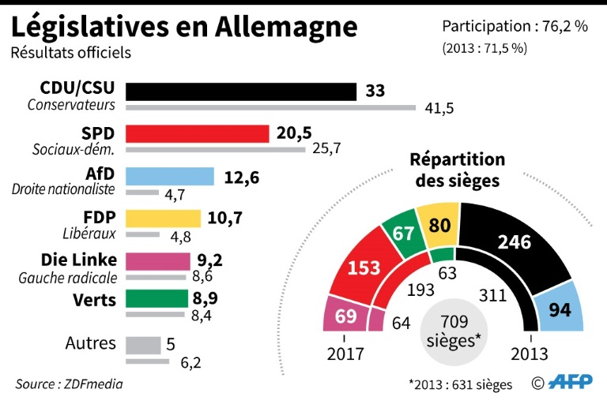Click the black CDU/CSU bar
[241, 92]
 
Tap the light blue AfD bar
[170, 176]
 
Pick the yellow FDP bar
[164, 219]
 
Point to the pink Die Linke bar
[158, 261]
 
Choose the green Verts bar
[157, 299]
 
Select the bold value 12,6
[242, 176]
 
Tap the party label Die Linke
[79, 260]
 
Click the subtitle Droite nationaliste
[63, 189]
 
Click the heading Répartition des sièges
[457, 170]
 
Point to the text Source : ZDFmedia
[70, 384]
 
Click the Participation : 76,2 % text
[515, 26]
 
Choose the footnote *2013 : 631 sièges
[461, 385]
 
